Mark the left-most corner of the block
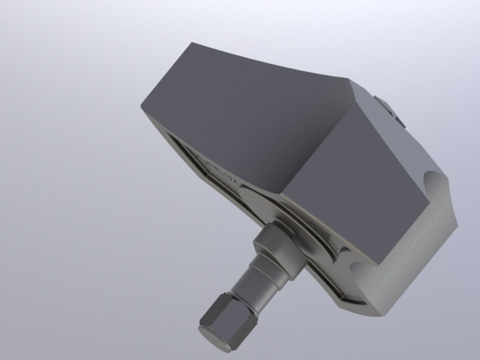click(141, 105)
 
